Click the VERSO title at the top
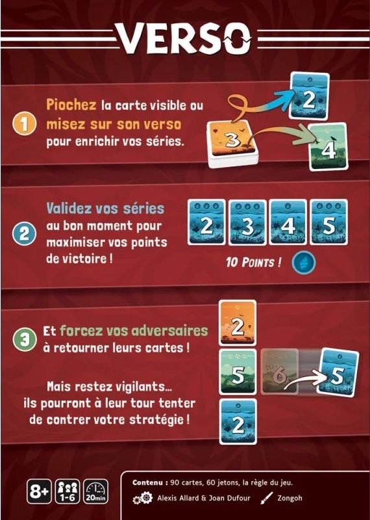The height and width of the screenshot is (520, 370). click(x=185, y=38)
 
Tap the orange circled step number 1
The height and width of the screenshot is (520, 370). click(x=24, y=124)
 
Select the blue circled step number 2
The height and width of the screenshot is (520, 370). click(x=24, y=234)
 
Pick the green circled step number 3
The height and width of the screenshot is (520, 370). click(x=24, y=339)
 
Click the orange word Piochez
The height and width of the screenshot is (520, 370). click(x=71, y=105)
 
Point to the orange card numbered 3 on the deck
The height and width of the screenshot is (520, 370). click(x=232, y=139)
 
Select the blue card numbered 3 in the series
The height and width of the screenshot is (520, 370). click(x=248, y=222)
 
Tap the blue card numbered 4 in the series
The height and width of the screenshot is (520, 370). click(x=288, y=222)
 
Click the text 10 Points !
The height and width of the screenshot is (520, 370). click(x=254, y=263)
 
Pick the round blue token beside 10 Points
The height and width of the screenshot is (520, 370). click(x=304, y=263)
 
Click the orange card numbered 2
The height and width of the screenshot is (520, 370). click(x=238, y=323)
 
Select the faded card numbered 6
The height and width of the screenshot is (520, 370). click(x=280, y=371)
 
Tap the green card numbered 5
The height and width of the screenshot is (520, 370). click(x=238, y=372)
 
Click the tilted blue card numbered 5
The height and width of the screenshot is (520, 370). click(x=338, y=372)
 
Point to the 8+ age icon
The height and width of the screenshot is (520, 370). click(x=39, y=491)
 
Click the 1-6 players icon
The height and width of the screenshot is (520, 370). click(x=68, y=491)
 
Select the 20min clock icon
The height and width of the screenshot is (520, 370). click(x=95, y=491)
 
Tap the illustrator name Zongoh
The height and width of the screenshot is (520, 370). click(x=290, y=498)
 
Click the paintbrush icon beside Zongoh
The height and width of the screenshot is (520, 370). click(x=266, y=498)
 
